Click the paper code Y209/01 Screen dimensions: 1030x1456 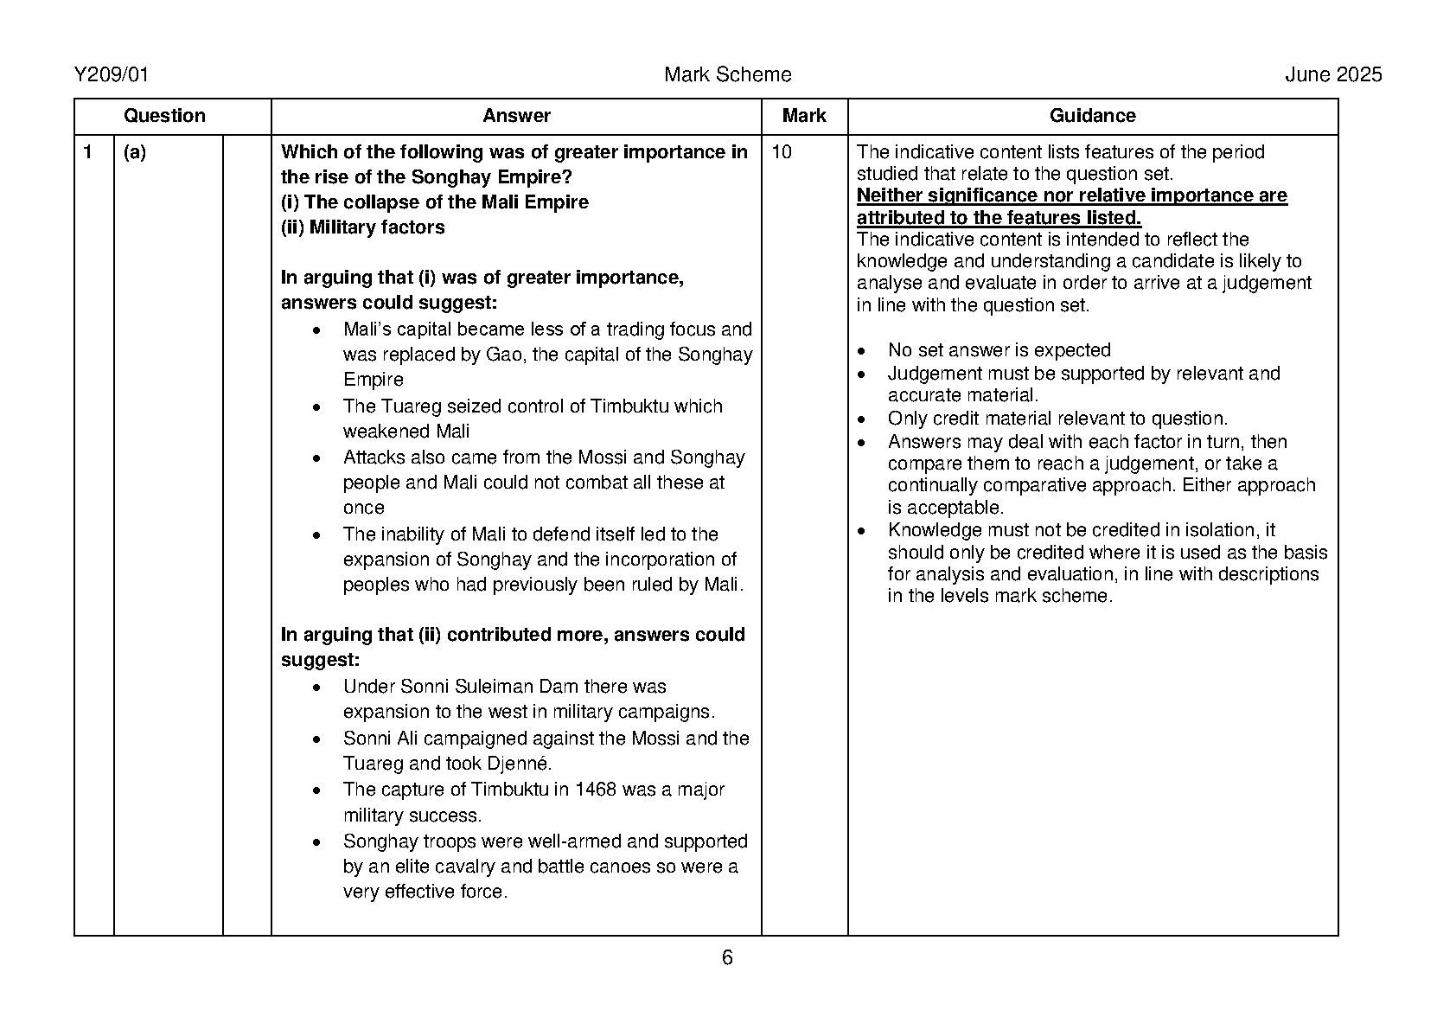coord(112,75)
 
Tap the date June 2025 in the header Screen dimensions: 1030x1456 coord(1333,75)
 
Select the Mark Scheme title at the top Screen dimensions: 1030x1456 coord(727,75)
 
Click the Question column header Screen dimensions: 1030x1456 coord(164,116)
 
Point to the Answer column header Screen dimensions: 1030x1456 coord(516,116)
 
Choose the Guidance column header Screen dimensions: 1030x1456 coord(1092,116)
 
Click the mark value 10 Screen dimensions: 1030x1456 coord(781,152)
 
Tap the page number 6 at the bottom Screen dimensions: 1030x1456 coord(727,957)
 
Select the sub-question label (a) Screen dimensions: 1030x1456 coord(135,152)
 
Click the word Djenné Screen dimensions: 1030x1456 coord(520,764)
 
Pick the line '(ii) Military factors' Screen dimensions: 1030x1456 coord(363,227)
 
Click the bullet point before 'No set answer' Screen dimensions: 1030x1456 coord(861,351)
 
